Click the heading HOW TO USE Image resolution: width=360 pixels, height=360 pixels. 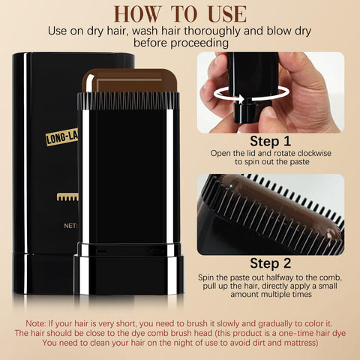coord(180,13)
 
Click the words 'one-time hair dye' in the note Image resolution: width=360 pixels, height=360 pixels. coord(304,332)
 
